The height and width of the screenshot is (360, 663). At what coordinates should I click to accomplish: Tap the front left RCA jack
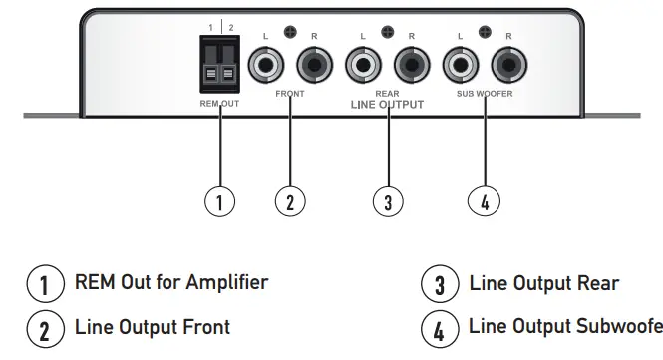click(267, 68)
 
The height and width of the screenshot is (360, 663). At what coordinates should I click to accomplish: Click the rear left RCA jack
click(363, 68)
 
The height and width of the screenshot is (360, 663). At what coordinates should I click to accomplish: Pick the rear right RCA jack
click(409, 68)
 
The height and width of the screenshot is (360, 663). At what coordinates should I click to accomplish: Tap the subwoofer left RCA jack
click(460, 68)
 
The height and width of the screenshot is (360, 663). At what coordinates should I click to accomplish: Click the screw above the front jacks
click(290, 33)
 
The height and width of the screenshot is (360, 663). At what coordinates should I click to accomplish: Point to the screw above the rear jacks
click(387, 33)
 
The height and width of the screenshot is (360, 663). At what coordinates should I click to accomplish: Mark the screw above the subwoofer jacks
click(484, 33)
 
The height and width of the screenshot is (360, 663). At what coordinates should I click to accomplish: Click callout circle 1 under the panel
click(219, 201)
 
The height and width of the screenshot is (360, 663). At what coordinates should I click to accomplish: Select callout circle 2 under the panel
click(289, 201)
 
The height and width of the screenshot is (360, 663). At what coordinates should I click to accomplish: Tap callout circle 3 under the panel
click(386, 201)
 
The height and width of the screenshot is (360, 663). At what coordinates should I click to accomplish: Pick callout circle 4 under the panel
click(484, 201)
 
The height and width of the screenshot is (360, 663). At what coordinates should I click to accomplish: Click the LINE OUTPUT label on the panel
click(387, 105)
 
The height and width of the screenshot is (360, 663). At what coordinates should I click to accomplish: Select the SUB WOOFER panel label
click(485, 97)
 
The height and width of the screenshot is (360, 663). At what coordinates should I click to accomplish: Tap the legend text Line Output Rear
click(543, 284)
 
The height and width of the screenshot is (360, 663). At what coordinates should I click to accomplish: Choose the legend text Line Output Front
click(153, 327)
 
